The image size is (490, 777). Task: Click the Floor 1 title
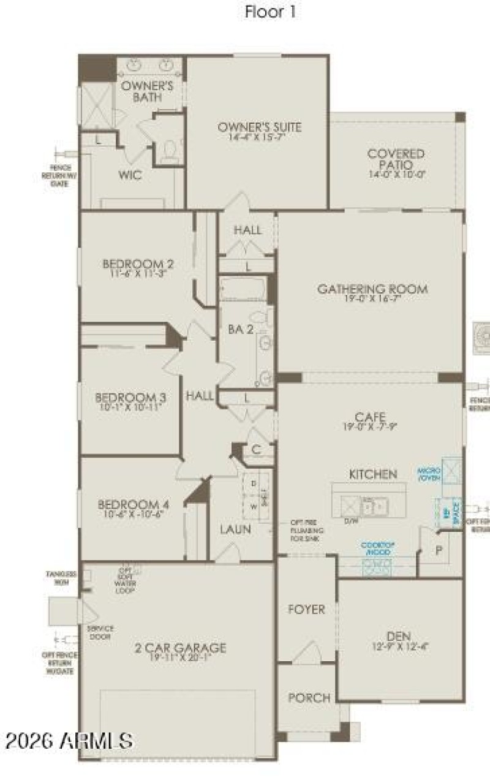(270, 12)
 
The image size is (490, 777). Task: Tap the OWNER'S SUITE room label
(260, 127)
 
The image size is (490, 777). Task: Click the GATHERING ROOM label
(372, 289)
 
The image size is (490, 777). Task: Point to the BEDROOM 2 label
(138, 264)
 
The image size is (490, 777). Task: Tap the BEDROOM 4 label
(134, 505)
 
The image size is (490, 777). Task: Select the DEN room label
(398, 635)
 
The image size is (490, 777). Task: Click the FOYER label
(306, 610)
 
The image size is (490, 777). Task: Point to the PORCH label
(309, 697)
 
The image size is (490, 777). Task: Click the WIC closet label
(130, 175)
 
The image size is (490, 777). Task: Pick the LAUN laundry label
(235, 529)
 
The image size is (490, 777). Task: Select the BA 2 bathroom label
(241, 329)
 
